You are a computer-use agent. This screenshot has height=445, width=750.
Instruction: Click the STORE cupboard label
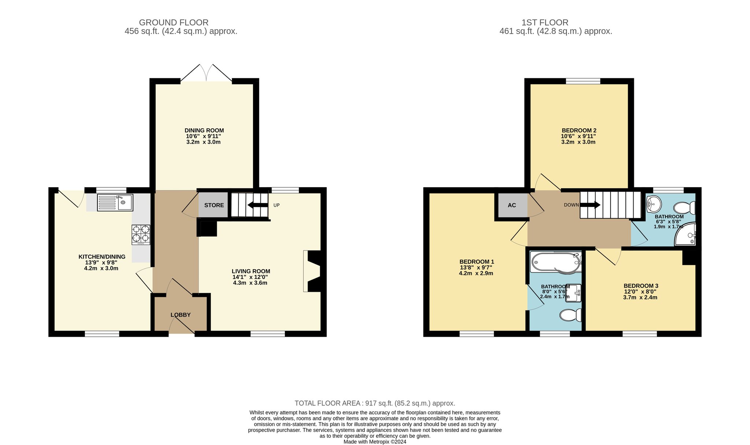click(214, 205)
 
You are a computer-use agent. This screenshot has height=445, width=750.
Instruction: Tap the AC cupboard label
click(512, 205)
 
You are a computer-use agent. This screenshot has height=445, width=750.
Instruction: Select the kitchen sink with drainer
click(115, 203)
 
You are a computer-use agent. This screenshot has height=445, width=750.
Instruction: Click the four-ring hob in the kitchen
click(141, 234)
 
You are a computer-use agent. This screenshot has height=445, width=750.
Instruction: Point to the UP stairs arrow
click(258, 205)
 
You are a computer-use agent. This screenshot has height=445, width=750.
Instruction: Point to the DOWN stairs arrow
click(590, 205)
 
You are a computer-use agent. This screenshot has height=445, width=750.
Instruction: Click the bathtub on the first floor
click(556, 262)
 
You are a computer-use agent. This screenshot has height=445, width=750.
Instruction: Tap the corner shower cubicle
click(685, 234)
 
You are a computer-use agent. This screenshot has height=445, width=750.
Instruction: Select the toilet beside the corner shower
click(684, 208)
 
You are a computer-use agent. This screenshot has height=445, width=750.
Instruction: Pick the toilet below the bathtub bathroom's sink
click(571, 315)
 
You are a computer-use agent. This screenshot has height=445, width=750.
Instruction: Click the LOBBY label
click(181, 315)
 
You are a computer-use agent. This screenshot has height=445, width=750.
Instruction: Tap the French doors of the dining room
click(206, 73)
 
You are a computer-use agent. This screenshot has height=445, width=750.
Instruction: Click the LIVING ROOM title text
click(251, 271)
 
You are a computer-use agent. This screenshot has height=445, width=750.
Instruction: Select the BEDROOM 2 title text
click(579, 131)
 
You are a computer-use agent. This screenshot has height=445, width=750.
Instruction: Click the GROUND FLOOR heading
click(174, 23)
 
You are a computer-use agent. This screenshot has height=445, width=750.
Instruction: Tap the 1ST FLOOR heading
click(545, 23)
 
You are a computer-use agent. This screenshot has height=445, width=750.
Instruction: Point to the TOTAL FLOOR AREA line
click(375, 403)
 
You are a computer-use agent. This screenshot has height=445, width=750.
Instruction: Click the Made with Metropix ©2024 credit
click(375, 442)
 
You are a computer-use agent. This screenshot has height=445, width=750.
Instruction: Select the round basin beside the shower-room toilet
click(654, 203)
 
